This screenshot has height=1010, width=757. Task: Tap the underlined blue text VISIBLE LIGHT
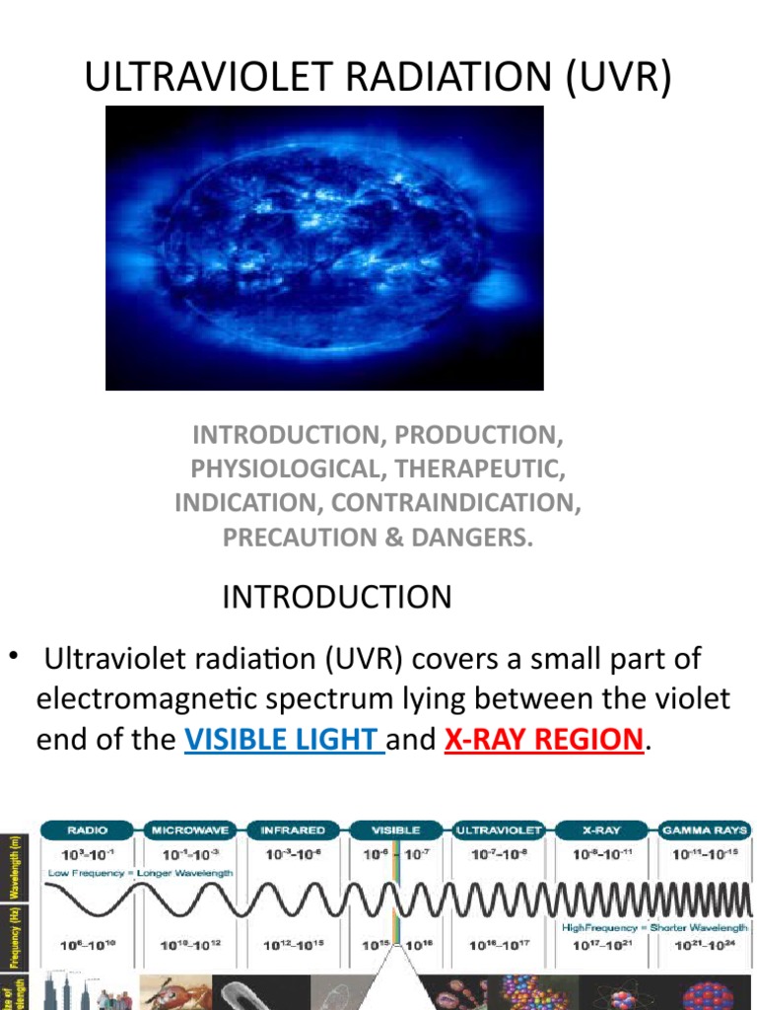click(284, 740)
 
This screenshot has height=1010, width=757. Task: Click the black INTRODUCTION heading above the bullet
click(337, 597)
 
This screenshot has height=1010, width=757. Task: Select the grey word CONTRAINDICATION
click(451, 502)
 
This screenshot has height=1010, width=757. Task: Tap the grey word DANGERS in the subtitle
click(481, 537)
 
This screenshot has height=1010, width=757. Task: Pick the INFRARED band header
click(293, 830)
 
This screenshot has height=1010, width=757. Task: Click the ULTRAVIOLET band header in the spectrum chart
click(500, 830)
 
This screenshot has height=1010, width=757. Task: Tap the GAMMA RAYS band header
click(706, 830)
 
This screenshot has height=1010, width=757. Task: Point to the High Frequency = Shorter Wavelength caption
click(654, 927)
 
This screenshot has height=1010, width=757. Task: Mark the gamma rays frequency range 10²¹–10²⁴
click(704, 944)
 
